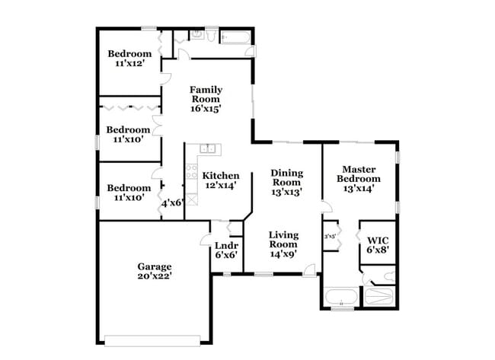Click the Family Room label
[x=206, y=89]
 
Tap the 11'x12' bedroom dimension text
[x=129, y=65]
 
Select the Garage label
[x=155, y=267]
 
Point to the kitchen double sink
[x=208, y=148]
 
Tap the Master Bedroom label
[x=360, y=169]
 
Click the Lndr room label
[x=226, y=246]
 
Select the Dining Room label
[x=286, y=173]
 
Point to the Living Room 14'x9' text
[x=283, y=254]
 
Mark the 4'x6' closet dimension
[x=171, y=203]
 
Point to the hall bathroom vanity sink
[x=196, y=34]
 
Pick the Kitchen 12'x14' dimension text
[x=220, y=185]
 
